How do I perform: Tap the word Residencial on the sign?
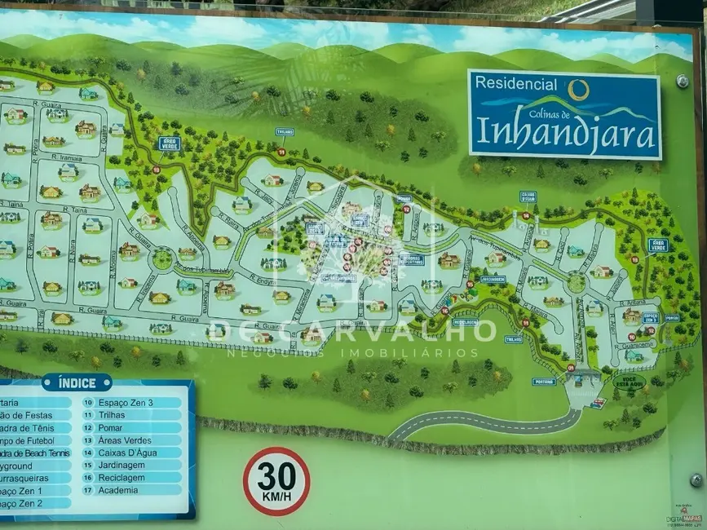pos(516,84)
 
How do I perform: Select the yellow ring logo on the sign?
pos(578,88)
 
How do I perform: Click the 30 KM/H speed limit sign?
pos(276,481)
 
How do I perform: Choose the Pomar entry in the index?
pos(109,427)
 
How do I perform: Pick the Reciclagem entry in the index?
pos(121,478)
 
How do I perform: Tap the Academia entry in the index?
pos(117,490)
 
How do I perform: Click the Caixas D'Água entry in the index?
pos(127,453)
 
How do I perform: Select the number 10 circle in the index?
pos(88,402)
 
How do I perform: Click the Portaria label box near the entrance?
pos(544,382)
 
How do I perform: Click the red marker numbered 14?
pos(526,216)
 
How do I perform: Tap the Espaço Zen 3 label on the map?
pos(650,317)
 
